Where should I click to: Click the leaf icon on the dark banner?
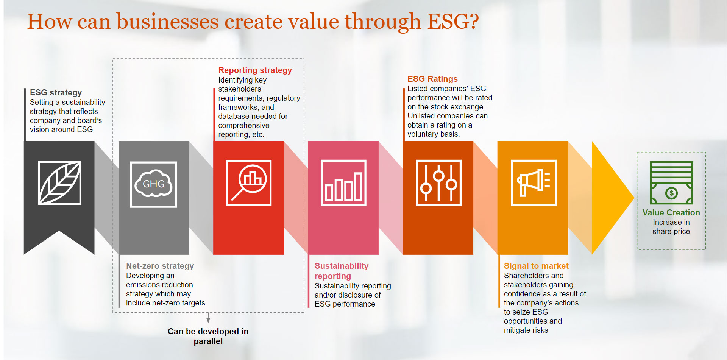[x=59, y=182]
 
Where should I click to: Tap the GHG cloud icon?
[x=153, y=184]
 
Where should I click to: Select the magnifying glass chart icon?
[x=248, y=183]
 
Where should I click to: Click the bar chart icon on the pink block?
[x=343, y=183]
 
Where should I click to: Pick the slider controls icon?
[x=438, y=183]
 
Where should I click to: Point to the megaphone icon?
[x=534, y=183]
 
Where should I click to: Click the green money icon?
[x=671, y=183]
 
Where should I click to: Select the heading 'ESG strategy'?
[x=56, y=93]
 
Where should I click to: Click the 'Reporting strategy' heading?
[x=255, y=70]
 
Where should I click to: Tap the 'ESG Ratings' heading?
[x=432, y=79]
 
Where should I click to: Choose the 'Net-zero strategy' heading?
[x=160, y=266]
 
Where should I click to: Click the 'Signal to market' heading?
[x=536, y=266]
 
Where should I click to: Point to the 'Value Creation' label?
[x=671, y=213]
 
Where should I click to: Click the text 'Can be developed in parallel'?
[x=208, y=336]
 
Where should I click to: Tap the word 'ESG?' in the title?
[x=453, y=22]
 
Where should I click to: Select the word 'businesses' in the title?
[x=167, y=22]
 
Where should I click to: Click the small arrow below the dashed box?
[x=208, y=318]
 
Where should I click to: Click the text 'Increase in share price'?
[x=671, y=227]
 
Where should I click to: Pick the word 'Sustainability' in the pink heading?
[x=341, y=266]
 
